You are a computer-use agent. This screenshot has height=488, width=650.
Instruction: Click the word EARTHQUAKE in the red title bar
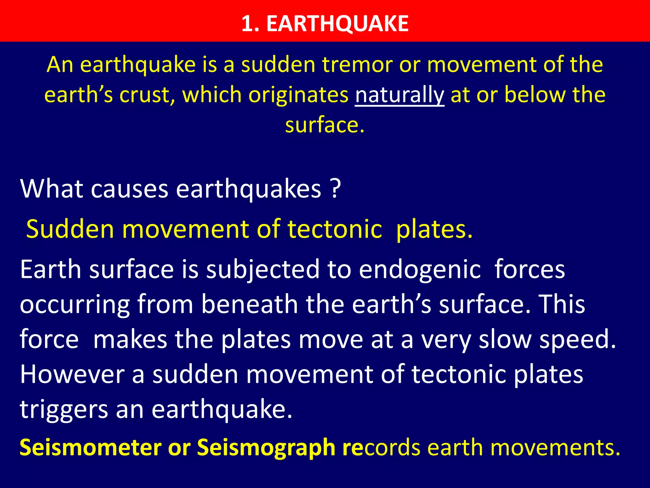337,24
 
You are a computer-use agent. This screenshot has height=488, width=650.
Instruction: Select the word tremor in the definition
357,64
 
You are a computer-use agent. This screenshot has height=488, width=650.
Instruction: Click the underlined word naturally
399,95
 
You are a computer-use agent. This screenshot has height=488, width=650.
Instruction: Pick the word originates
298,95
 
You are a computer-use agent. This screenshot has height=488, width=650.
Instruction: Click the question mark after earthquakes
335,189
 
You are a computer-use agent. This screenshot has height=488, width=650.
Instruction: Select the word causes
129,189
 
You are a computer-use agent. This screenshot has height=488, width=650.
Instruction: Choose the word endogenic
420,269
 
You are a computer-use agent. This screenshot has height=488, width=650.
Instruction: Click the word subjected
263,269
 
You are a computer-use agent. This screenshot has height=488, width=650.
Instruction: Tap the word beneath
249,304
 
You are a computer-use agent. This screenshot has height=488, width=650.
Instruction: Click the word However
72,374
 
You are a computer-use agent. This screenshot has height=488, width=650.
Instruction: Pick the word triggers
64,410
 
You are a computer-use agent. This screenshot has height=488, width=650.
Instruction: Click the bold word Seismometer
91,447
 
